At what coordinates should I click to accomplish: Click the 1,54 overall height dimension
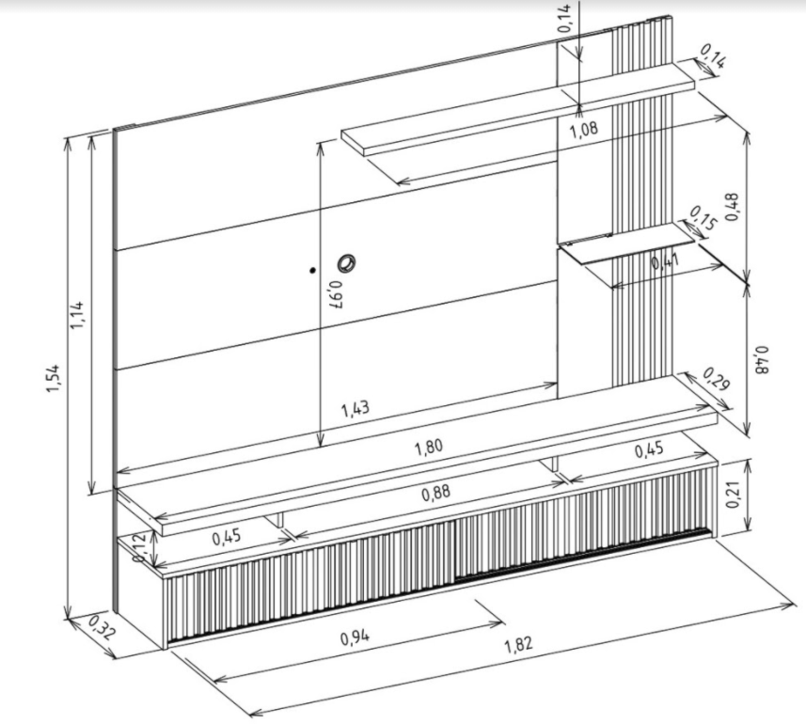pyautogui.click(x=54, y=378)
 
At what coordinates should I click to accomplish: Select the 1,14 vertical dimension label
pyautogui.click(x=76, y=314)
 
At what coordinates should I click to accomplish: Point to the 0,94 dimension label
pyautogui.click(x=355, y=637)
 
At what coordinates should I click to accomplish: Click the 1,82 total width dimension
pyautogui.click(x=518, y=644)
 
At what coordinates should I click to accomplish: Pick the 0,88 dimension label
pyautogui.click(x=436, y=494)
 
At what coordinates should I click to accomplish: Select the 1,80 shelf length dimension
pyautogui.click(x=429, y=447)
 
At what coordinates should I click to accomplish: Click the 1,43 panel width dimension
pyautogui.click(x=356, y=409)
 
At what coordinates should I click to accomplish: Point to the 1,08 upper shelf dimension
pyautogui.click(x=584, y=129)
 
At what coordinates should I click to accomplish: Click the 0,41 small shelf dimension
pyautogui.click(x=665, y=261)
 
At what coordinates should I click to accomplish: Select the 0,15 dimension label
pyautogui.click(x=703, y=217)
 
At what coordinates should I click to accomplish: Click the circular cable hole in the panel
pyautogui.click(x=346, y=263)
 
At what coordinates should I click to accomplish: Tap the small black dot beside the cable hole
pyautogui.click(x=312, y=270)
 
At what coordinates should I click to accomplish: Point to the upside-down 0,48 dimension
pyautogui.click(x=763, y=360)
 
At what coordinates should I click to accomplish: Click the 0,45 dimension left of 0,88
pyautogui.click(x=227, y=538)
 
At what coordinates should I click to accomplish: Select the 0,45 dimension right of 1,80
pyautogui.click(x=649, y=450)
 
